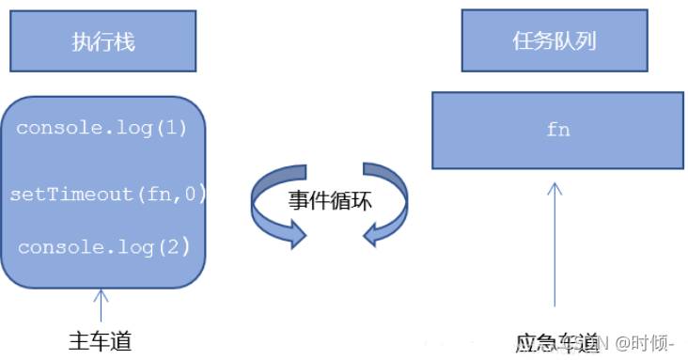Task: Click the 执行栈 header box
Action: tap(103, 42)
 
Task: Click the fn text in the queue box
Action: tap(557, 130)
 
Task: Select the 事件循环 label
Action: tap(330, 199)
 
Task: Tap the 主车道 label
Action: tap(101, 340)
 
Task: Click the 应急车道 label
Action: tap(554, 342)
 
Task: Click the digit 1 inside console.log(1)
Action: tap(180, 127)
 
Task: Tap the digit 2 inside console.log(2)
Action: tap(180, 247)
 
